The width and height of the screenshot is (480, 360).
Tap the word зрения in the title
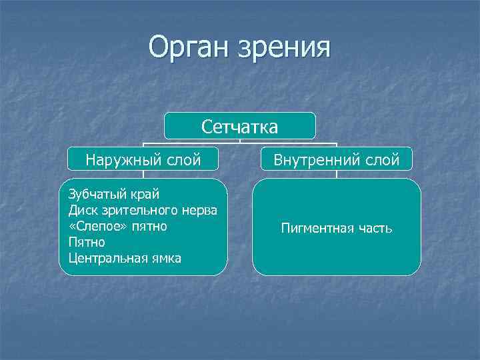click(x=287, y=49)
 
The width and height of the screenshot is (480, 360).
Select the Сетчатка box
click(x=240, y=125)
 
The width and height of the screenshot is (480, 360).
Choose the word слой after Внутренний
click(x=382, y=160)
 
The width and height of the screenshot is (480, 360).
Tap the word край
click(x=143, y=195)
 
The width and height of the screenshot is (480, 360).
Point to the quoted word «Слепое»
click(x=93, y=227)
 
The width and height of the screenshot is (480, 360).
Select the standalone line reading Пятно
click(x=83, y=243)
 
